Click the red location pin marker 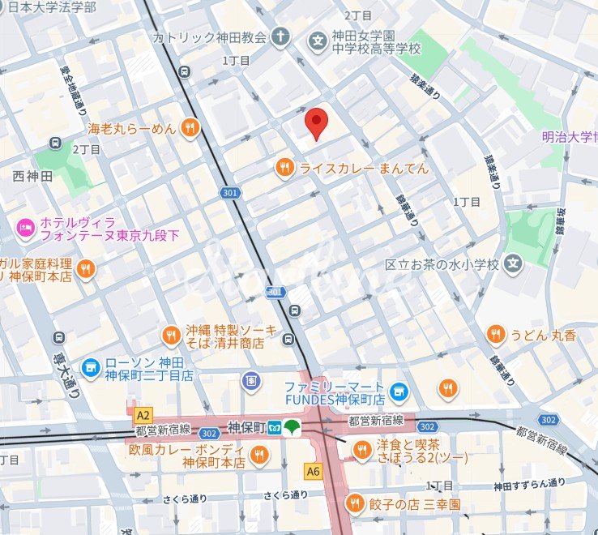pyautogui.click(x=316, y=122)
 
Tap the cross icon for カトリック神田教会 pyautogui.click(x=280, y=37)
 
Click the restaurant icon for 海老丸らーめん pyautogui.click(x=189, y=127)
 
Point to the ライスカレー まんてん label pyautogui.click(x=364, y=169)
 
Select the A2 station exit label pyautogui.click(x=143, y=413)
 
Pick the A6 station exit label pyautogui.click(x=314, y=469)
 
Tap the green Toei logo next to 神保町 pyautogui.click(x=293, y=426)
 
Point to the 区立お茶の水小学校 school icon pyautogui.click(x=512, y=263)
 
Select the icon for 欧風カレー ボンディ pyautogui.click(x=258, y=456)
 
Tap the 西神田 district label pyautogui.click(x=32, y=176)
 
